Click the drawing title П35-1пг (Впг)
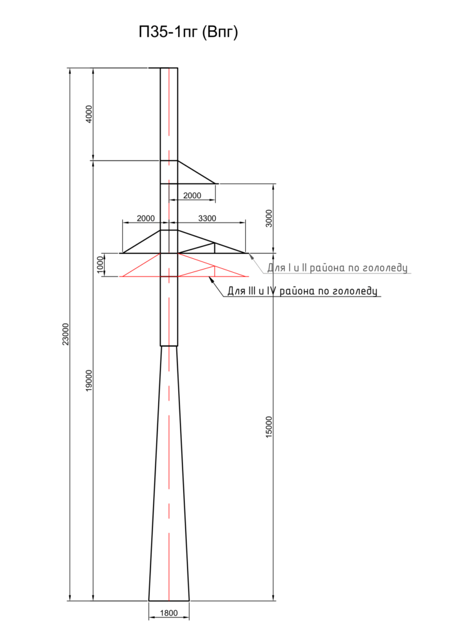[x=188, y=33]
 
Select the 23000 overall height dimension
[x=65, y=334]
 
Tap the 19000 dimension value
[x=89, y=381]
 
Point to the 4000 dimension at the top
[x=89, y=114]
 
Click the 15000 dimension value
[x=268, y=427]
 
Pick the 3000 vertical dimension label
[x=268, y=218]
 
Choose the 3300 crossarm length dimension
[x=207, y=218]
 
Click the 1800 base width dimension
[x=169, y=613]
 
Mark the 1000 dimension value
[x=100, y=265]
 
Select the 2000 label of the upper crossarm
[x=192, y=196]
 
